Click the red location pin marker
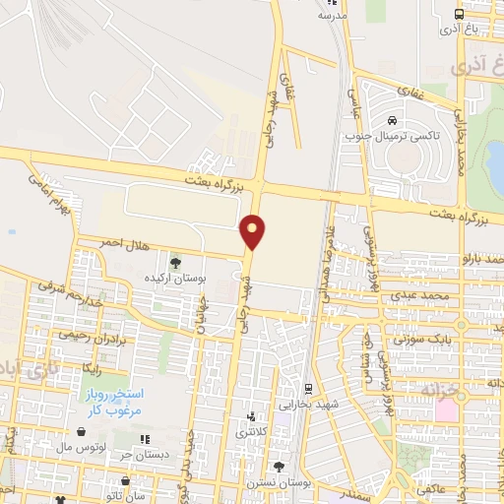tap(254, 231)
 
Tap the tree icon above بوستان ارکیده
tap(175, 262)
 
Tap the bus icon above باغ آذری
tap(459, 15)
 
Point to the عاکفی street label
tap(430, 488)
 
